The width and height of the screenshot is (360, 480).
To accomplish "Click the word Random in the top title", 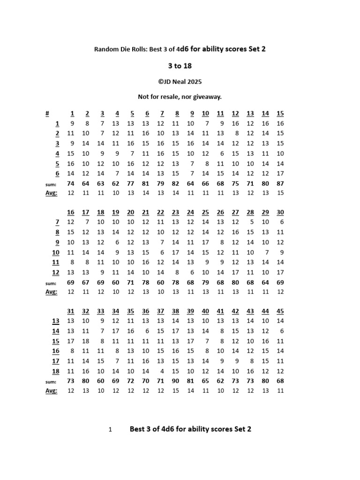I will point(106,49).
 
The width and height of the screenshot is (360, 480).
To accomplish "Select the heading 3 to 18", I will point(180,66).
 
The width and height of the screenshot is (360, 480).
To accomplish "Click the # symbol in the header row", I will point(47,113).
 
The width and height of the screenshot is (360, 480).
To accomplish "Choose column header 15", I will point(280,113).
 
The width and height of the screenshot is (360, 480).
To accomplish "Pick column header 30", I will point(280,212).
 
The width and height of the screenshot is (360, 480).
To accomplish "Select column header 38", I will point(175,311).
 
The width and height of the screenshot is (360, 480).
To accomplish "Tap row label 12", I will point(55,272).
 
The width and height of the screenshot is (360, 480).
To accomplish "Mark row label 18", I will point(55,371).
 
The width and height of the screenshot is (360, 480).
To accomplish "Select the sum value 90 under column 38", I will point(175,381).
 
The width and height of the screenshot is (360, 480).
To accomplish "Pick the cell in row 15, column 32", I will point(85,341).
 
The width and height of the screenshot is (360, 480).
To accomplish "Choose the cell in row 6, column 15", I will point(280,173).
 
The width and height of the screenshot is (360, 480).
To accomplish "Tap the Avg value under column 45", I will point(280,391).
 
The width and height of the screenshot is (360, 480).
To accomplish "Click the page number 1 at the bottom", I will point(110,429).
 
